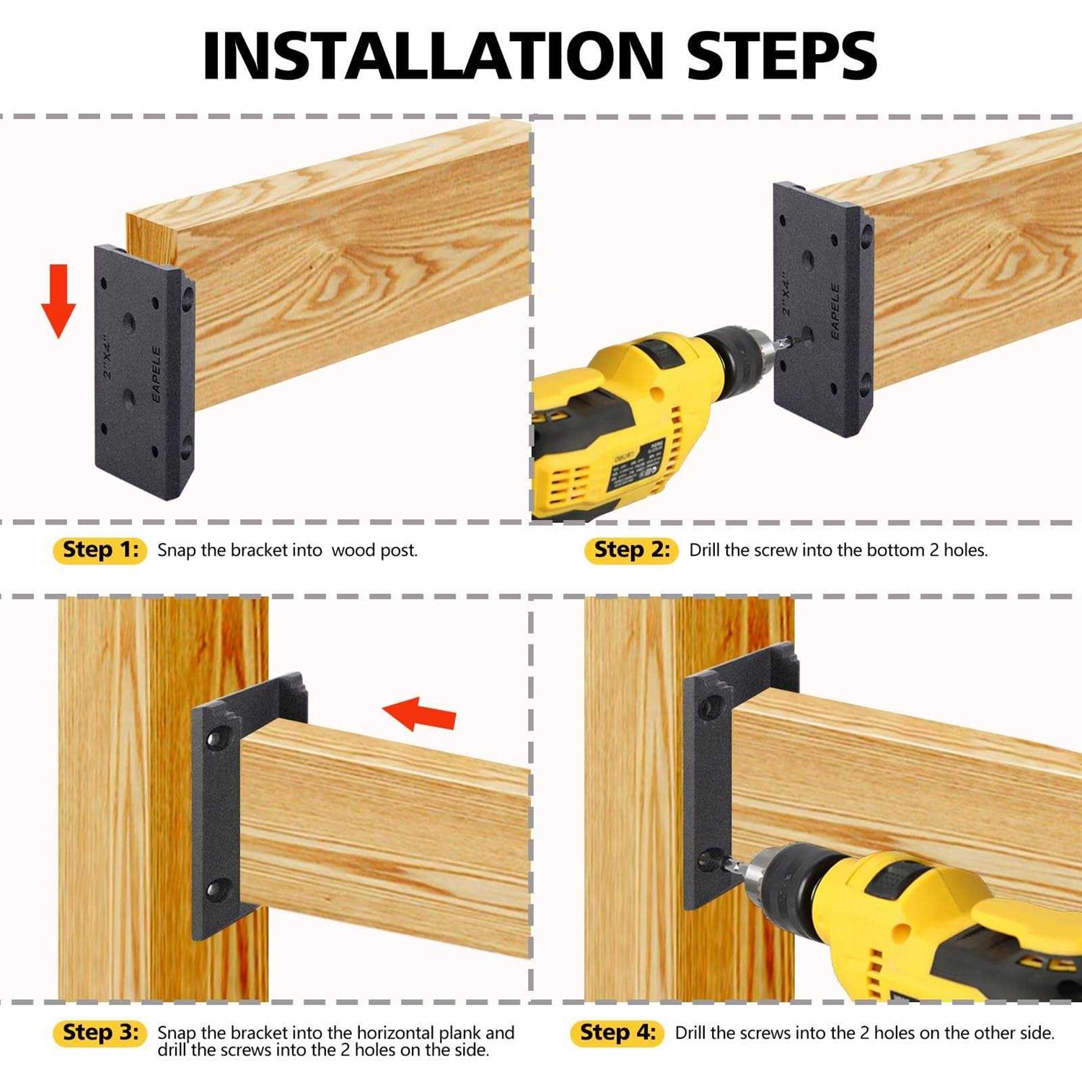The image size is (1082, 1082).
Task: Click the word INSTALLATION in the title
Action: (433, 56)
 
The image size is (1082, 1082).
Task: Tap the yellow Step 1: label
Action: (100, 550)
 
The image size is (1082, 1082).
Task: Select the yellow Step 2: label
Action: (631, 550)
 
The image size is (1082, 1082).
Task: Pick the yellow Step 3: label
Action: (100, 1032)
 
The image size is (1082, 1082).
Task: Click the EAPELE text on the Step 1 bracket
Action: (157, 374)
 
